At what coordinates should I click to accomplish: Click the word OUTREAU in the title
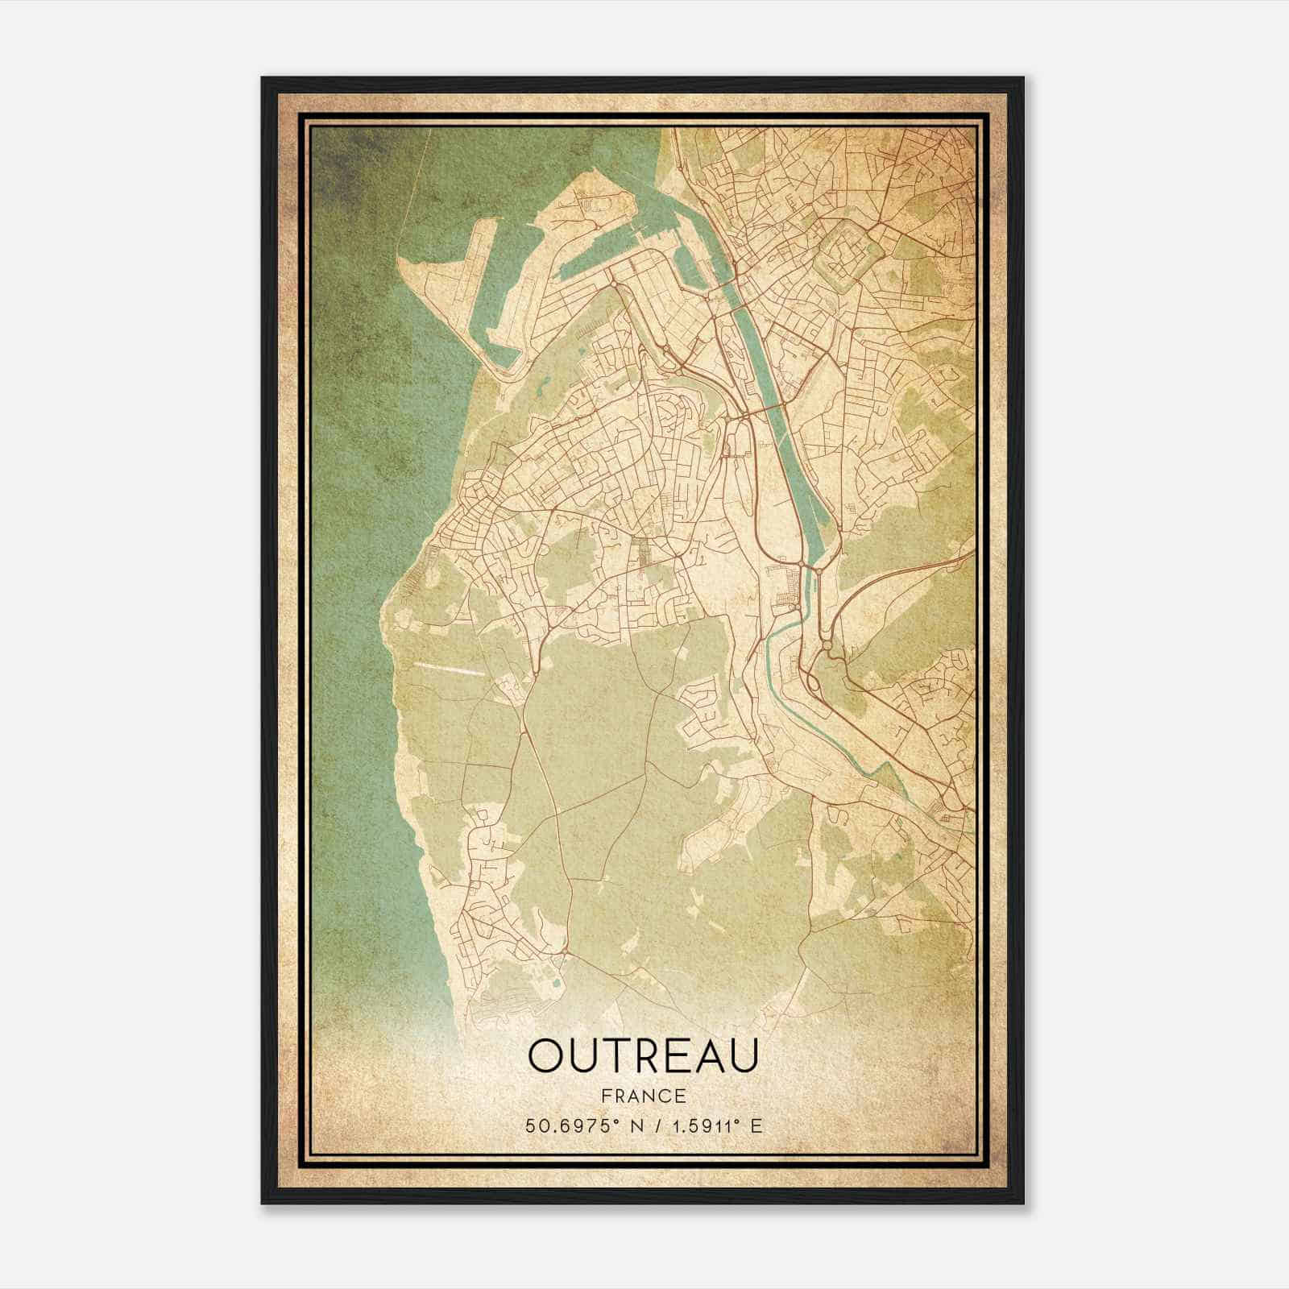pos(643,1055)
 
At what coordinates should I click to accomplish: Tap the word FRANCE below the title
pos(643,1096)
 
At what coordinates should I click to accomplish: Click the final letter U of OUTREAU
pos(742,1055)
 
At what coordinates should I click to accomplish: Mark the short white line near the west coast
pos(449,668)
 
